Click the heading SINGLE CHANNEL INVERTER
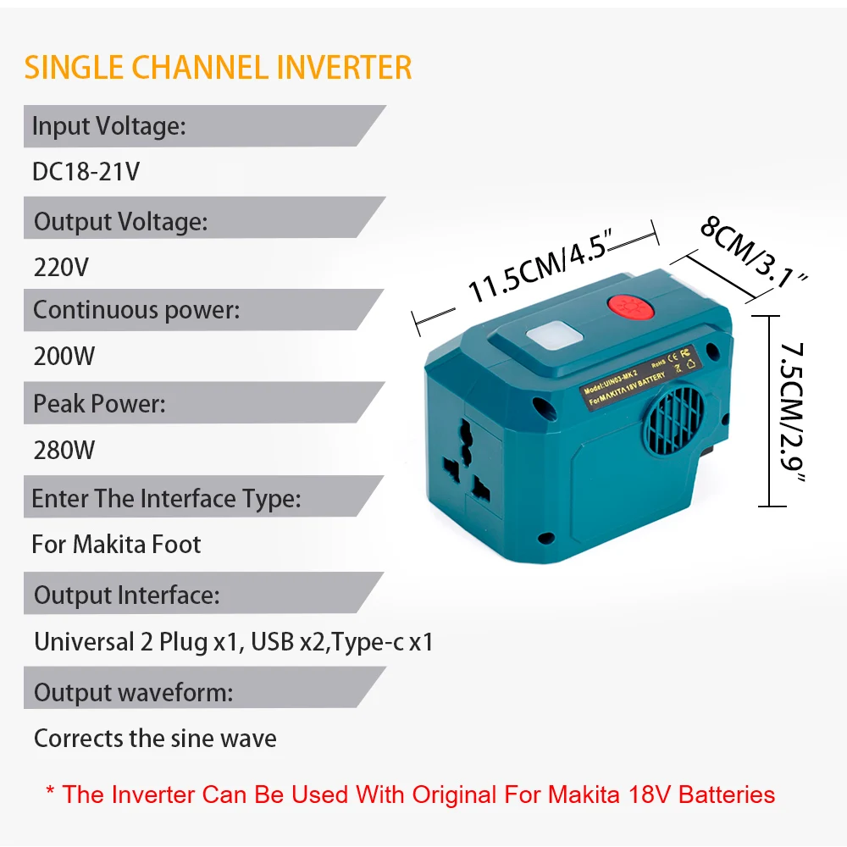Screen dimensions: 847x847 point(218,67)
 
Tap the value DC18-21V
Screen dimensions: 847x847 point(86,172)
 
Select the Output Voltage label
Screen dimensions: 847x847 point(120,222)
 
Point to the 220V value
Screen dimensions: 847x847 point(61,268)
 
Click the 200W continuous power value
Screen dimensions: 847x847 point(64,357)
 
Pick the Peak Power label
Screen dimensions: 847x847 point(99,403)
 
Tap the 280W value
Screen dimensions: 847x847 point(64,450)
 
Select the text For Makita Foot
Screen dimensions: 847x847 point(116,544)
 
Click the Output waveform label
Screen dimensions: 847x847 point(133,692)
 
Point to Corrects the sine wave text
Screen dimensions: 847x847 point(155,739)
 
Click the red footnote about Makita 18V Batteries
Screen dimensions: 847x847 point(410,794)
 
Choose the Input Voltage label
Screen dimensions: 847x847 point(108,126)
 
